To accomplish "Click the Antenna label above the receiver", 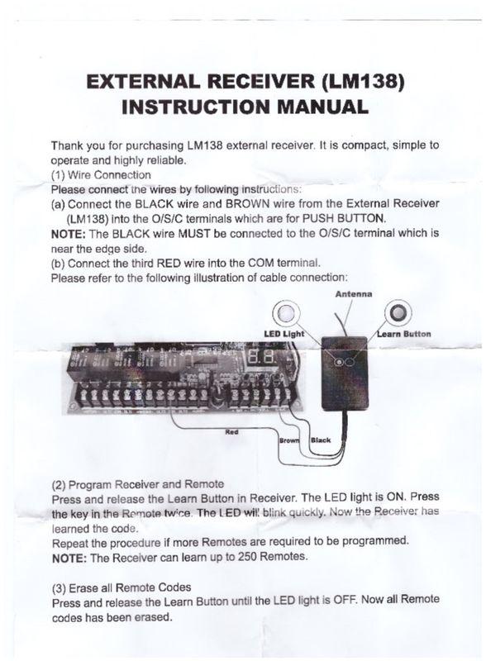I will click(x=353, y=293).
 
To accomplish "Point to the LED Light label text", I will click(x=283, y=334).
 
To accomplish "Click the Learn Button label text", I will click(x=404, y=334).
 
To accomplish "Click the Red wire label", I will click(x=232, y=430).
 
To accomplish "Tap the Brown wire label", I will click(x=289, y=440).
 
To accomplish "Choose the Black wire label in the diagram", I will click(x=320, y=440).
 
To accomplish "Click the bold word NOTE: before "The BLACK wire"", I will click(x=69, y=234).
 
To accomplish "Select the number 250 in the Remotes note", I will click(x=241, y=556).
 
